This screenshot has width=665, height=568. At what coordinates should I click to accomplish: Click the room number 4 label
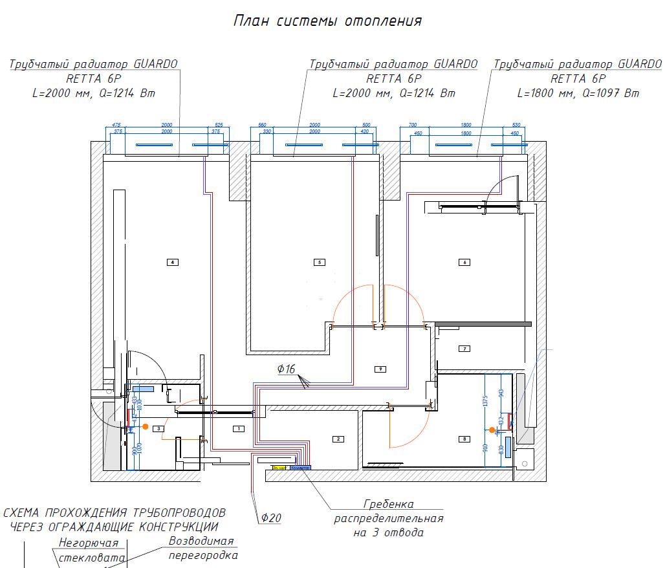pyautogui.click(x=172, y=262)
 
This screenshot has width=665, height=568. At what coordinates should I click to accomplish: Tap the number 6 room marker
pyautogui.click(x=464, y=262)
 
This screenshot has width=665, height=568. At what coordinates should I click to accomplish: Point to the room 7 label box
pyautogui.click(x=464, y=349)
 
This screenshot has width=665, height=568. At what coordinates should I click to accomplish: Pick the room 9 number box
pyautogui.click(x=380, y=369)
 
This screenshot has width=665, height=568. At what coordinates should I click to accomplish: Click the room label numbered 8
pyautogui.click(x=464, y=439)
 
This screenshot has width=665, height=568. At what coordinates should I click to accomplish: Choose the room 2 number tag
pyautogui.click(x=337, y=439)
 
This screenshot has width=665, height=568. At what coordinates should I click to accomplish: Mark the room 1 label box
pyautogui.click(x=237, y=428)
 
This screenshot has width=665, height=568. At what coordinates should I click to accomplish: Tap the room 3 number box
pyautogui.click(x=158, y=428)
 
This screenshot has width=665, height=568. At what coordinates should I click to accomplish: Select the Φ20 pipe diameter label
pyautogui.click(x=272, y=518)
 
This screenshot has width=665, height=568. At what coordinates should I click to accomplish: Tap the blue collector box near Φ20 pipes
pyautogui.click(x=301, y=466)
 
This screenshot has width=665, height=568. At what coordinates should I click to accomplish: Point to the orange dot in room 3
pyautogui.click(x=146, y=427)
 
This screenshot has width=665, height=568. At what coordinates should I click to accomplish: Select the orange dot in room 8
pyautogui.click(x=492, y=430)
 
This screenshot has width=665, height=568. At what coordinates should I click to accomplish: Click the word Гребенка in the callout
pyautogui.click(x=388, y=504)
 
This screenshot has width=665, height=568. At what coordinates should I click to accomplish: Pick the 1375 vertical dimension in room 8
pyautogui.click(x=485, y=401)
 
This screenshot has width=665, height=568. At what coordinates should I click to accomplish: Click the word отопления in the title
pyautogui.click(x=384, y=21)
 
